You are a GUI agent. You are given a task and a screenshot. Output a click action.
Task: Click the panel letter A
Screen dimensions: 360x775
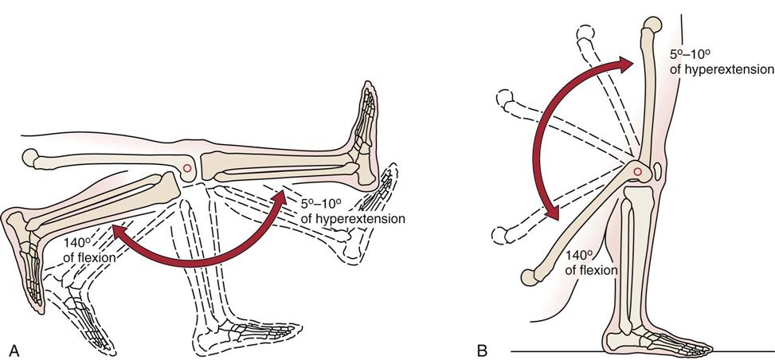[12, 347]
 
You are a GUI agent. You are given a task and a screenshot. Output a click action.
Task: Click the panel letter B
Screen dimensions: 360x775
[482, 348]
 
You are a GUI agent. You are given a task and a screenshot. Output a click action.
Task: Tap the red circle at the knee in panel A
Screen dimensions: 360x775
[186, 168]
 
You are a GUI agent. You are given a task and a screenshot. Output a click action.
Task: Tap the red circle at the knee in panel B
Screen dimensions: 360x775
[637, 170]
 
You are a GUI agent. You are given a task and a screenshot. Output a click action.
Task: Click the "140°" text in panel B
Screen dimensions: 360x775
[579, 256]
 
